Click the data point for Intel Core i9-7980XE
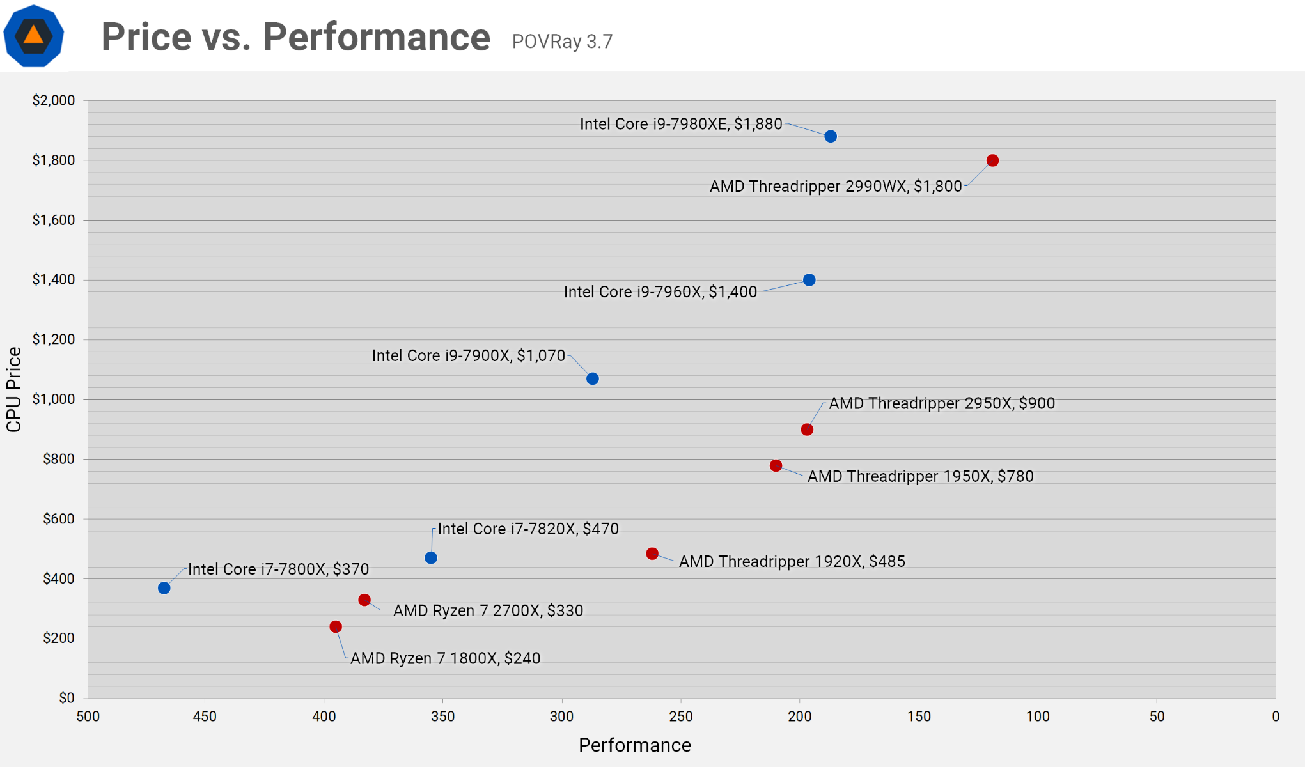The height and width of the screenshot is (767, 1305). pyautogui.click(x=831, y=136)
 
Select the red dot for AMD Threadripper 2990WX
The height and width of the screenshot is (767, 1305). pyautogui.click(x=992, y=160)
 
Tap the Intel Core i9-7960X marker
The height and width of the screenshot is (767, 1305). pyautogui.click(x=809, y=280)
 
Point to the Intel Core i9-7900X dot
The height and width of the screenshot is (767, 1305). pyautogui.click(x=593, y=379)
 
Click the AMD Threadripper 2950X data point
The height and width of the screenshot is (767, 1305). pyautogui.click(x=807, y=430)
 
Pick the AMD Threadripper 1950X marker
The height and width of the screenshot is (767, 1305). pyautogui.click(x=776, y=465)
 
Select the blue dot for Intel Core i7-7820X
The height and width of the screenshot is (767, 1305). pyautogui.click(x=431, y=558)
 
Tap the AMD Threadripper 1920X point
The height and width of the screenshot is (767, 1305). pyautogui.click(x=652, y=554)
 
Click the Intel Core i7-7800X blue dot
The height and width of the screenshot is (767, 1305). pyautogui.click(x=164, y=588)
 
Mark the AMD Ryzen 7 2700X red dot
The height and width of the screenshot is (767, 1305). pyautogui.click(x=364, y=600)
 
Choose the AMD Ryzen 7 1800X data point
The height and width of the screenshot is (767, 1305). pyautogui.click(x=336, y=627)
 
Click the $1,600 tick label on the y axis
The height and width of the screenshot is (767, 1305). pyautogui.click(x=54, y=220)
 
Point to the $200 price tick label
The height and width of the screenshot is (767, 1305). pyautogui.click(x=59, y=638)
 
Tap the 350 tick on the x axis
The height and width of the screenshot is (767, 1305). pyautogui.click(x=442, y=717)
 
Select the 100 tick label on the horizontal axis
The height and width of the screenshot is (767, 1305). pyautogui.click(x=1038, y=717)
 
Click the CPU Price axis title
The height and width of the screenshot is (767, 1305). pyautogui.click(x=14, y=390)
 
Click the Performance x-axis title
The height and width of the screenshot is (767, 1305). pyautogui.click(x=634, y=745)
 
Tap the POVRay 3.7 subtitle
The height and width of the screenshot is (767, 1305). pyautogui.click(x=562, y=42)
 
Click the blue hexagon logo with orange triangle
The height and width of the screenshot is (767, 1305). pyautogui.click(x=34, y=36)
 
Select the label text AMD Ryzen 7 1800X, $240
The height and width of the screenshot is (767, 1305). pyautogui.click(x=445, y=658)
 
